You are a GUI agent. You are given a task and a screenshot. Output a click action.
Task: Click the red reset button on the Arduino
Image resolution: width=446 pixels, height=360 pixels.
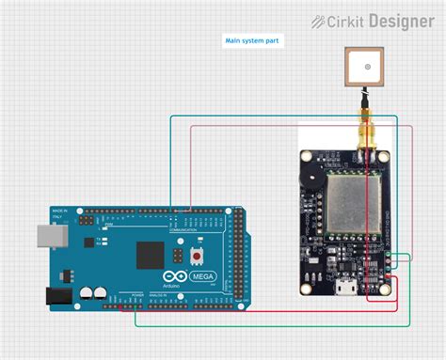coord(198,256)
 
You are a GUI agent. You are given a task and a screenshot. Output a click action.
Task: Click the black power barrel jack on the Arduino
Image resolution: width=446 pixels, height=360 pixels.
coord(58,295)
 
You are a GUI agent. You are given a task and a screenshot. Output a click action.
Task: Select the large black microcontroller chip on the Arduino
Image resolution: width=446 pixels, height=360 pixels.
coord(151,257)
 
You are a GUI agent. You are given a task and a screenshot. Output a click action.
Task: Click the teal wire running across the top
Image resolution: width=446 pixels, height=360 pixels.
coord(282,116)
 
